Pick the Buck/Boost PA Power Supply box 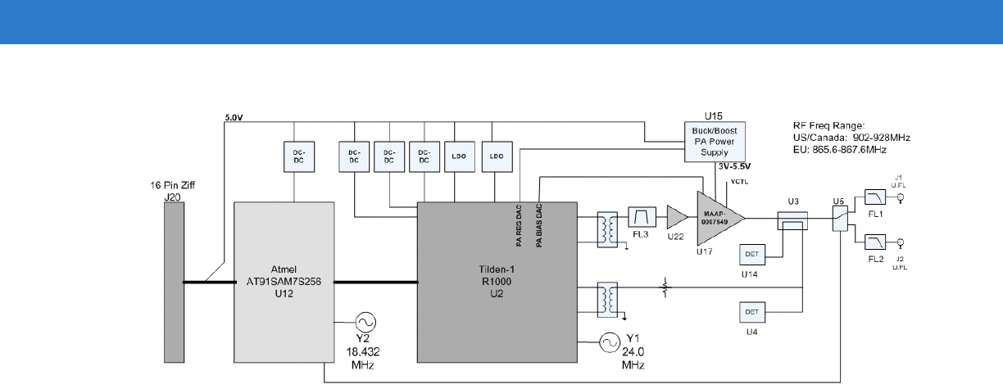pyautogui.click(x=712, y=142)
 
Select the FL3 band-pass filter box pyautogui.click(x=640, y=217)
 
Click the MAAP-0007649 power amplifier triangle pyautogui.click(x=719, y=217)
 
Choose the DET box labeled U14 pyautogui.click(x=754, y=255)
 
